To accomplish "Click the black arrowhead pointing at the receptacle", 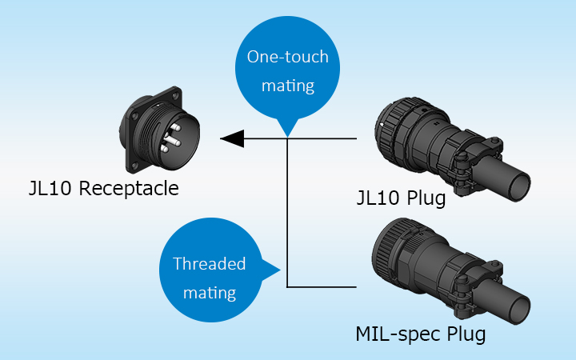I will (232, 138).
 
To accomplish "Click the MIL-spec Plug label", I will (420, 333).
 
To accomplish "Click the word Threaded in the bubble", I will (210, 264).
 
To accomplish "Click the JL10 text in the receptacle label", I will (45, 190).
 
